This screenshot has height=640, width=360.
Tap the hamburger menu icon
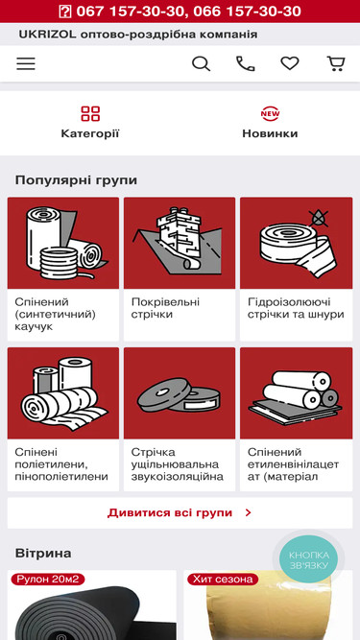click(26, 63)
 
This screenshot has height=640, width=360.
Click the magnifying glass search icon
click(201, 63)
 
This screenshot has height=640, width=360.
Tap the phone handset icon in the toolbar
click(246, 63)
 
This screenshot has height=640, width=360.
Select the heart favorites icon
click(290, 63)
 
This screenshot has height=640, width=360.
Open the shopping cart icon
click(336, 63)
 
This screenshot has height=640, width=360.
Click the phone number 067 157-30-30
click(130, 11)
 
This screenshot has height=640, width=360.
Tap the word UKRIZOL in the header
click(47, 35)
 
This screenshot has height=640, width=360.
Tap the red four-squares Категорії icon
click(90, 113)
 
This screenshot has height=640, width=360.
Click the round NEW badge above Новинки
click(270, 113)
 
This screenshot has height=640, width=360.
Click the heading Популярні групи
click(76, 180)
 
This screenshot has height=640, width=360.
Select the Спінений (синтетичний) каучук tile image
click(63, 243)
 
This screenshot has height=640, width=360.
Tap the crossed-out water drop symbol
click(318, 218)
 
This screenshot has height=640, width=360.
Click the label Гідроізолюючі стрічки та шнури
click(296, 308)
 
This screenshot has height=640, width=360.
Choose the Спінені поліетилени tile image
click(63, 393)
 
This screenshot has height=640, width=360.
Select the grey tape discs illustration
click(179, 395)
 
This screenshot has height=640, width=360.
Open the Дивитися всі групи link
click(180, 512)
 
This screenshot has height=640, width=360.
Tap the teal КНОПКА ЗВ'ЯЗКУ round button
click(308, 559)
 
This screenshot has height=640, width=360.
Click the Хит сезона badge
click(223, 579)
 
